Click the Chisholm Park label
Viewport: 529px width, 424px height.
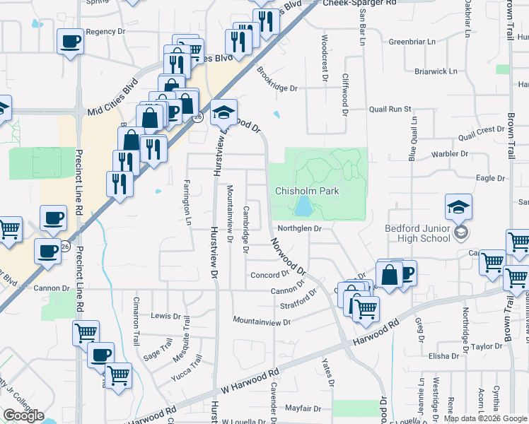click(x=307, y=191)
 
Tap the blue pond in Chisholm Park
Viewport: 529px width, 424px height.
click(x=303, y=206)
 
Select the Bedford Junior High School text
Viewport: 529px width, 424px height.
click(x=417, y=233)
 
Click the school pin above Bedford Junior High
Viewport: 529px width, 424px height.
click(x=458, y=207)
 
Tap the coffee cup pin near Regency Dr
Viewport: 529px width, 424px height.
click(x=71, y=42)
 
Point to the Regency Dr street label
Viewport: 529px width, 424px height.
click(x=105, y=32)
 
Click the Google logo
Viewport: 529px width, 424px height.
click(x=23, y=416)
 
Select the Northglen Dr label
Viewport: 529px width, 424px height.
click(x=299, y=228)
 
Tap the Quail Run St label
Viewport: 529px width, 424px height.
click(x=390, y=110)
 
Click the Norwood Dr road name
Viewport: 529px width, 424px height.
click(x=289, y=257)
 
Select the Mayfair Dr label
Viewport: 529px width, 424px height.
click(x=303, y=408)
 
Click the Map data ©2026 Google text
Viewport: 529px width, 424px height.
click(x=485, y=418)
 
